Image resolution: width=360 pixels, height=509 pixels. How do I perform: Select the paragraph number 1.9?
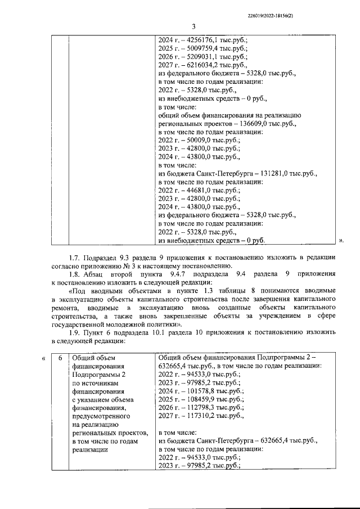click(75, 332)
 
